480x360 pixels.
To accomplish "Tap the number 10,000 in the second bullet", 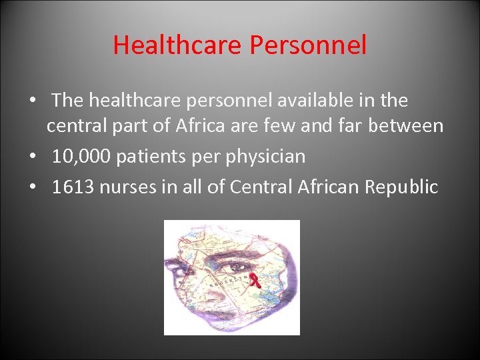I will point(81,157).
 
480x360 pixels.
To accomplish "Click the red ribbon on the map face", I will point(253,280).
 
